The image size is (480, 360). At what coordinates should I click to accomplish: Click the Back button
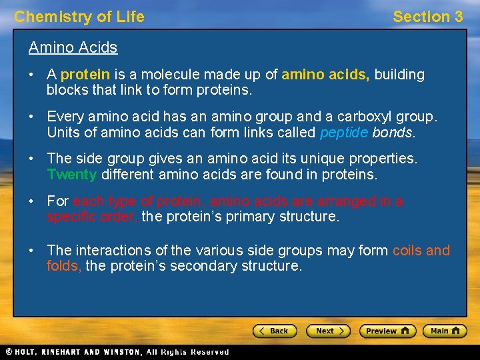pos(275,331)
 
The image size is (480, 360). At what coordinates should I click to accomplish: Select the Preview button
pos(387,331)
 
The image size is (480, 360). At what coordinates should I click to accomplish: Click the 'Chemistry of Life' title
pos(79,17)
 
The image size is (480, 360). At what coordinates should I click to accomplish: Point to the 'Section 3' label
pos(427,17)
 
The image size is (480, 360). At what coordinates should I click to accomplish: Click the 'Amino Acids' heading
pos(73,47)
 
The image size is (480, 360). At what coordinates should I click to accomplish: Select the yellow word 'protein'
pos(85,75)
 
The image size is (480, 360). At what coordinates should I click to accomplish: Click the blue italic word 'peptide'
pos(343,132)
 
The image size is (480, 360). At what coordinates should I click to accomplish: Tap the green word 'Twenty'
pos(72,175)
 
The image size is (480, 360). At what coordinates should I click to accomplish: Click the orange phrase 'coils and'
pos(421,251)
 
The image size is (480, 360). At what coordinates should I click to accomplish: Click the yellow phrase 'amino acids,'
pos(325,75)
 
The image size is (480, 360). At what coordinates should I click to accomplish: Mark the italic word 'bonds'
pos(393,132)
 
